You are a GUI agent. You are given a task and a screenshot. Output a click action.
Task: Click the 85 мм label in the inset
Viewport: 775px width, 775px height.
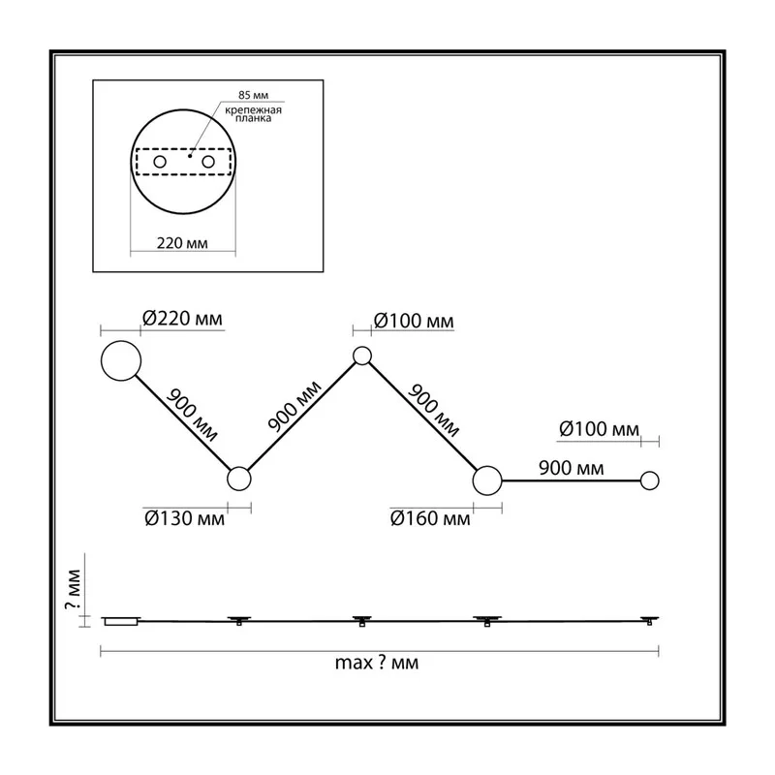[x=253, y=95]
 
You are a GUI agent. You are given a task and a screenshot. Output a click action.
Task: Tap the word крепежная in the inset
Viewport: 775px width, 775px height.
[x=253, y=109]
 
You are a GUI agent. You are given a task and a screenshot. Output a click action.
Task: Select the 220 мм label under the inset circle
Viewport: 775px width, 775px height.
[x=182, y=243]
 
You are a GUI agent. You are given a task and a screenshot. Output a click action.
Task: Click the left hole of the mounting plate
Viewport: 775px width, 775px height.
[x=160, y=162]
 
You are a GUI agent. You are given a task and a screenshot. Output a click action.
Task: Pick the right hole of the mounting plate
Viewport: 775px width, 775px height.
[x=208, y=162]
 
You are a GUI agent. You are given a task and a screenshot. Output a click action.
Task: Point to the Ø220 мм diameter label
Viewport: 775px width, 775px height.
[x=182, y=319]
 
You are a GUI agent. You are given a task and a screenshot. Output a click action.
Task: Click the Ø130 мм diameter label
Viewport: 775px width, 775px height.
[x=184, y=518]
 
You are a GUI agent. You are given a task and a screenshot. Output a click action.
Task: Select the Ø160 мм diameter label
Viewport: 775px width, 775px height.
[x=430, y=518]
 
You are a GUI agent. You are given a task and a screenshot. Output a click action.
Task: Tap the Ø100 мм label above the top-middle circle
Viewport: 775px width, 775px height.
[x=414, y=322]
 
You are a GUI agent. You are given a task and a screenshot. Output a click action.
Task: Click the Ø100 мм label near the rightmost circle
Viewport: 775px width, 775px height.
[x=599, y=429]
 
